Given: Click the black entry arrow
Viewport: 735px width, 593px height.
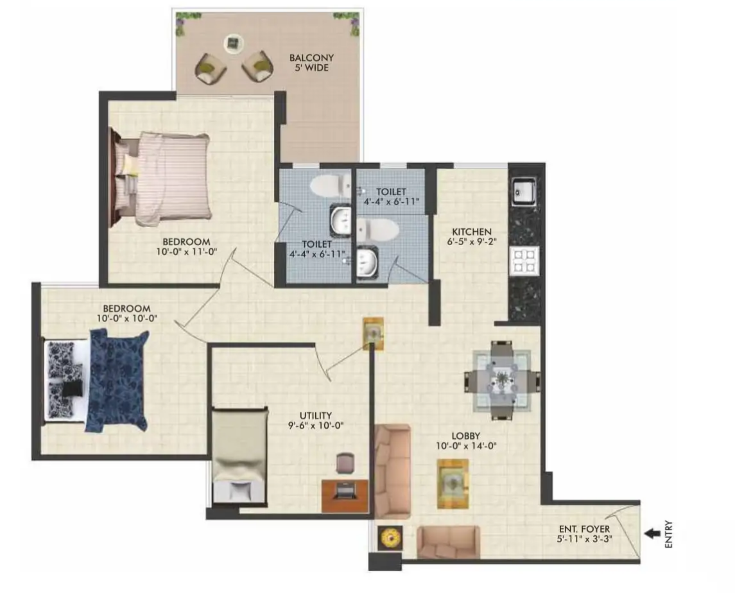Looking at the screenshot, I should (652, 533).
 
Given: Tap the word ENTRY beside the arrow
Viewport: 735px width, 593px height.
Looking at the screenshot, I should (670, 533).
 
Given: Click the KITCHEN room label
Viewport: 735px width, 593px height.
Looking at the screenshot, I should (472, 232).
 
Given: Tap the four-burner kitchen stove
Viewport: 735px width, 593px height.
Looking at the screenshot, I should (524, 262).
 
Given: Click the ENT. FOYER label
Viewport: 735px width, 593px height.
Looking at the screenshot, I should (584, 529).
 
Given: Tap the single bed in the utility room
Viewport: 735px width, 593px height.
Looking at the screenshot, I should (239, 456).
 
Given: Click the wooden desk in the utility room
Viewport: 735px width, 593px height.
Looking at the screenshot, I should (345, 495).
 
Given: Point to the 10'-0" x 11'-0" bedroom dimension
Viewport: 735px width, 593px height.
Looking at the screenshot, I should (187, 252).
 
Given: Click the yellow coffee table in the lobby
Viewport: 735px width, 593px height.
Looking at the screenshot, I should (453, 483).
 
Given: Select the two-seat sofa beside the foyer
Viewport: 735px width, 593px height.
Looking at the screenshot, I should (448, 542).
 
